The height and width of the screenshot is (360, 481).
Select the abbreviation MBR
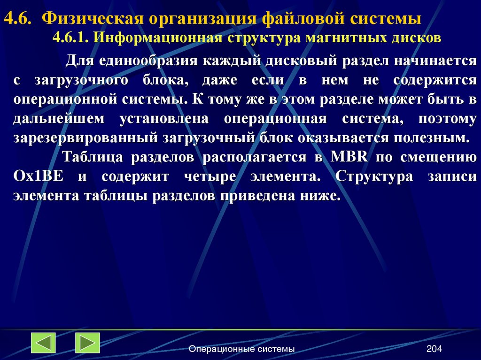349,158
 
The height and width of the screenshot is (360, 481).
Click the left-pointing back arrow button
43,343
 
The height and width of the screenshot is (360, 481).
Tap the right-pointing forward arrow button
87,343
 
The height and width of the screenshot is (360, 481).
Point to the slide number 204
434,349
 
